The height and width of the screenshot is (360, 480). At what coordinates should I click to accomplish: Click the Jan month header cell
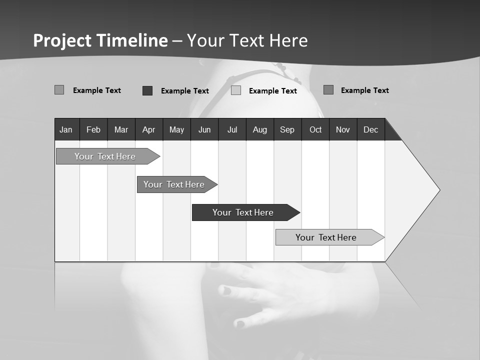(x=66, y=129)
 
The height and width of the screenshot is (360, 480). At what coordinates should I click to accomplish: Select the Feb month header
(x=93, y=129)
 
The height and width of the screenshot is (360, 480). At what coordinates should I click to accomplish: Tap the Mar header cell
(x=121, y=129)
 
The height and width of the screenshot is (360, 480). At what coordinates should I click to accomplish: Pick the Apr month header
(x=148, y=129)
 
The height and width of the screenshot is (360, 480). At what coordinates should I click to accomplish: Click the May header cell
(x=176, y=129)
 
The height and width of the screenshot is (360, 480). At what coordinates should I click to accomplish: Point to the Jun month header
(x=204, y=129)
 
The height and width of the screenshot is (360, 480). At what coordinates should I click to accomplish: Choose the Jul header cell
(x=232, y=129)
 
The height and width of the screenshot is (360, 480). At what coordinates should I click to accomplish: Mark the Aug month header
(x=260, y=129)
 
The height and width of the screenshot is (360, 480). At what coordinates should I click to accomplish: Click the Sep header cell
(x=287, y=129)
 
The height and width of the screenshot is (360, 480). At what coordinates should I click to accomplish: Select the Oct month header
(x=315, y=129)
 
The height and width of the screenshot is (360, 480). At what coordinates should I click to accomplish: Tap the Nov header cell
(x=343, y=129)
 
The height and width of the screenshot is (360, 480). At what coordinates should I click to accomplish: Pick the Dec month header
(x=371, y=129)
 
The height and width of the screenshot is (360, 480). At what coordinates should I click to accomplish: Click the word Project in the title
(x=62, y=40)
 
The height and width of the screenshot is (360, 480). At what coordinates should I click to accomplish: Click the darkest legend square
(x=147, y=90)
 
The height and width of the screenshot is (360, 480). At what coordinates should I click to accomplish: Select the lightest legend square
(x=236, y=90)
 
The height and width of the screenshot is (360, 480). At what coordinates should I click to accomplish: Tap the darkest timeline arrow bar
(x=243, y=212)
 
